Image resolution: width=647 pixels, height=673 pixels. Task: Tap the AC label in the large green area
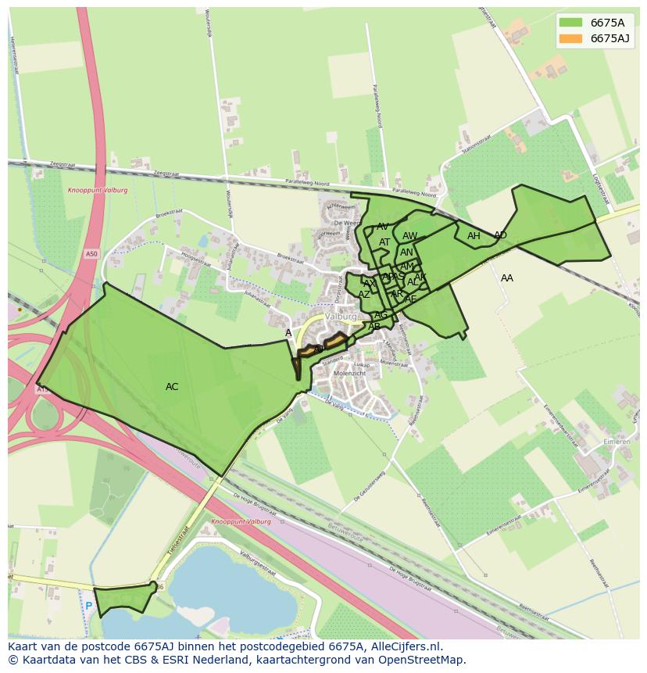coord(172,387)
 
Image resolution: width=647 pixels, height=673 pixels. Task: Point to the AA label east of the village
coord(507,278)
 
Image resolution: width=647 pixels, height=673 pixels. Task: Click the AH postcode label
coord(474,236)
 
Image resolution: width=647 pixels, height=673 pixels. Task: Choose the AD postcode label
coord(500,235)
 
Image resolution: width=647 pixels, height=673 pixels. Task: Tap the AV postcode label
coord(383,227)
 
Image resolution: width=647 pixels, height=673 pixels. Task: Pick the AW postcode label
coord(410,236)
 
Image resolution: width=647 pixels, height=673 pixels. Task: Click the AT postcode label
coord(384,242)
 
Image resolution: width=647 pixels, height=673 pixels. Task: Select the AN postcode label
coord(406,252)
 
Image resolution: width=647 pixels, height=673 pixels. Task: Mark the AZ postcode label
coord(364,295)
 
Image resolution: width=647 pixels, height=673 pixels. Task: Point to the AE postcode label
coord(411,299)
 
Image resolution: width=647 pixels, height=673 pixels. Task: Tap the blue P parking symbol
coord(89,606)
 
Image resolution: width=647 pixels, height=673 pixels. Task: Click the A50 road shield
coord(92,254)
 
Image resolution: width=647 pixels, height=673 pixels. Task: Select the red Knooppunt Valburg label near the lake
coord(241,521)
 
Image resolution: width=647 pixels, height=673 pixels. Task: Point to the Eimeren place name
coord(617,441)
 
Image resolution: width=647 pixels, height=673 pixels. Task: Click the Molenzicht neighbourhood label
coord(349,374)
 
